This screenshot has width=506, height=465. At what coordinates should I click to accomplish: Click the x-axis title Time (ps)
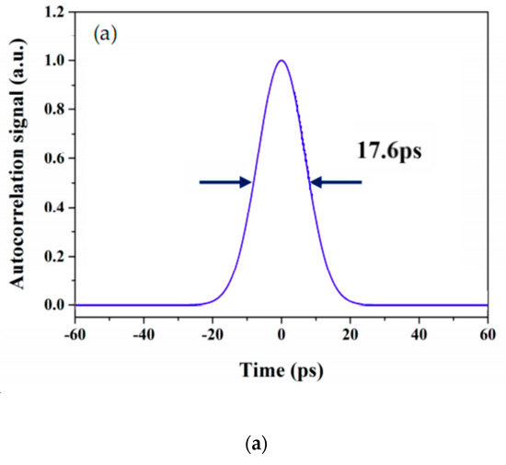click(x=281, y=371)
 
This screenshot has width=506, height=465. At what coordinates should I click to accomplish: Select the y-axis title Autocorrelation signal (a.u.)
click(x=17, y=158)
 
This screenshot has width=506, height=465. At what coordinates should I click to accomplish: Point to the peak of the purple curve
click(x=282, y=61)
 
